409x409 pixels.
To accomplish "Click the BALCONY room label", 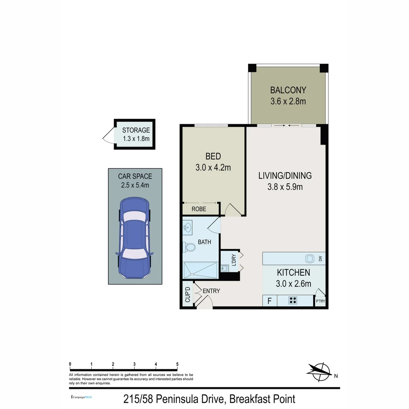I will (288, 90).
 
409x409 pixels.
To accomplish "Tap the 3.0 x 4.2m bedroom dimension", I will (213, 167).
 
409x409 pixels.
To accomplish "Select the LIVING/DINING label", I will (285, 176).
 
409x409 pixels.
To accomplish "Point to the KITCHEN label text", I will (293, 272).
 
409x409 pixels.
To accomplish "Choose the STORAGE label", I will (136, 130).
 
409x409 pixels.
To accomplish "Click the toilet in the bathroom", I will (189, 247).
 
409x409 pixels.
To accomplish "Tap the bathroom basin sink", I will (187, 227).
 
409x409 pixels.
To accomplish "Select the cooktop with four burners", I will (293, 300).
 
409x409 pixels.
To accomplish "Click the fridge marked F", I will (270, 301).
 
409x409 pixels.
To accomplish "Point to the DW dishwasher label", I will (320, 259).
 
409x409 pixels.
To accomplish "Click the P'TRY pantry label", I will (320, 301).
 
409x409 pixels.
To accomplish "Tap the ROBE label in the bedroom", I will (199, 209).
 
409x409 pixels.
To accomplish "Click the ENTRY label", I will (211, 291).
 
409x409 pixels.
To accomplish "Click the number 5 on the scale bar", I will (177, 364).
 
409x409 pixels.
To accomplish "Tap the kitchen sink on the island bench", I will (310, 259).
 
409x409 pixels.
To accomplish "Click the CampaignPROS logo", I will (81, 397).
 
